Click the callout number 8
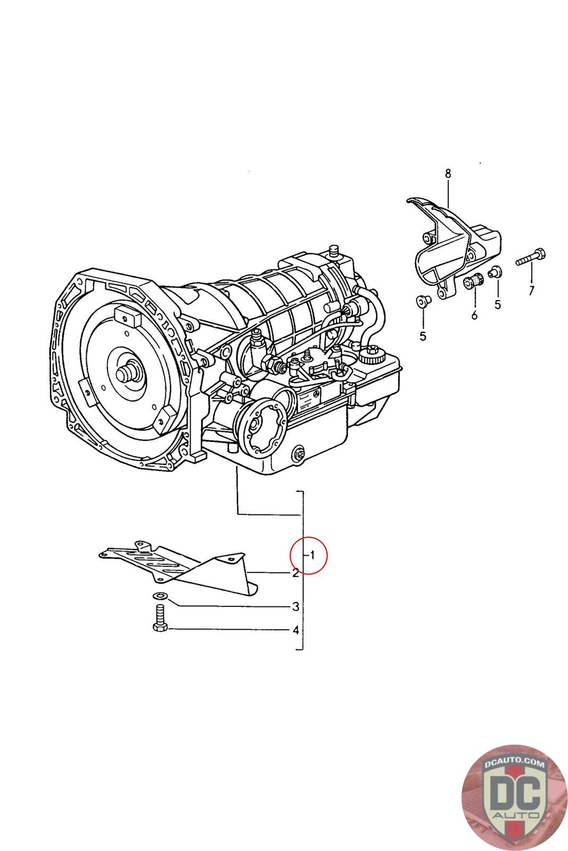(448, 173)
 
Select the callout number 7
(531, 290)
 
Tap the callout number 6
(474, 315)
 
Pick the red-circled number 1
(312, 555)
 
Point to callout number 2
(294, 573)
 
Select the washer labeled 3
(159, 596)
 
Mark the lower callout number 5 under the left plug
(423, 336)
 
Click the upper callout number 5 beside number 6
(498, 304)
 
